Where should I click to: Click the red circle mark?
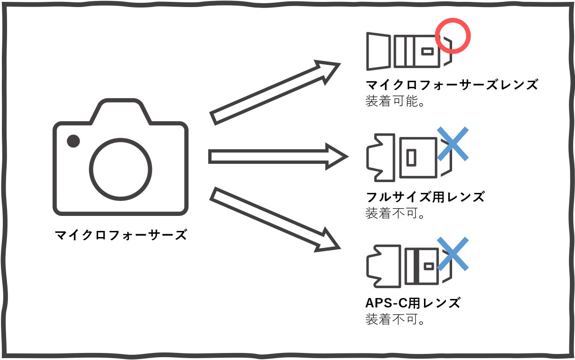pos(453,36)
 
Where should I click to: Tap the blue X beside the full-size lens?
pos(453,144)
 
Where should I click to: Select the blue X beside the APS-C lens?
pos(453,254)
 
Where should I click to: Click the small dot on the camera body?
pos(73,141)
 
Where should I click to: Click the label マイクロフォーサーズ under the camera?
pos(121,235)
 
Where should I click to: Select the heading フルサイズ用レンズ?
pos(425,197)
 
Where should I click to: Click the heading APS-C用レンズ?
pos(413,303)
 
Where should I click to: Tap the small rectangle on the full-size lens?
pos(411,158)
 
